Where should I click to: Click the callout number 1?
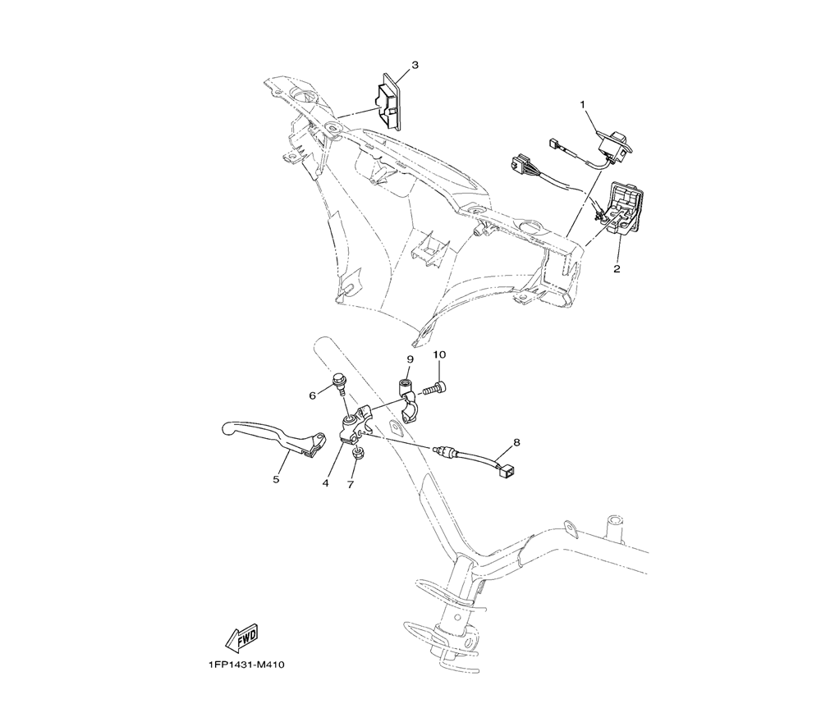[x=584, y=105]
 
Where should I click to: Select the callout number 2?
[x=617, y=268]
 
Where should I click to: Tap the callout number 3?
[x=415, y=65]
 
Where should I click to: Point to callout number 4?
[x=326, y=483]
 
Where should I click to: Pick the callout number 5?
[x=276, y=480]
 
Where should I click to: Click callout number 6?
[x=313, y=395]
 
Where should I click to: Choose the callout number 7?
[x=351, y=484]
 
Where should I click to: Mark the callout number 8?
[x=516, y=441]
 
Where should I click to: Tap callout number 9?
[x=410, y=359]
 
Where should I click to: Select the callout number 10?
[x=439, y=354]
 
